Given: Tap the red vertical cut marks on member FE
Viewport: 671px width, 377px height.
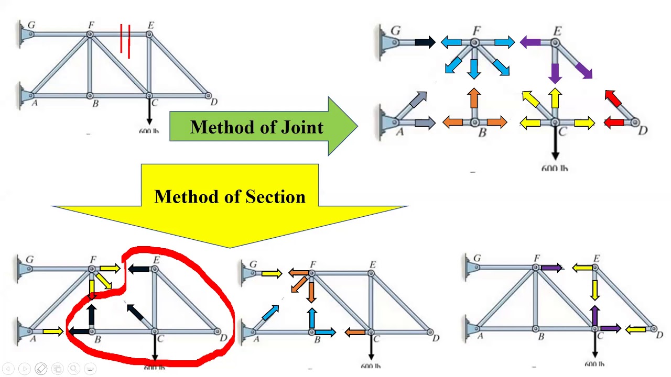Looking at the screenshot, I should [x=125, y=40].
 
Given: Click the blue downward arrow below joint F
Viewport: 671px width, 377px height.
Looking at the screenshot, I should [x=474, y=69].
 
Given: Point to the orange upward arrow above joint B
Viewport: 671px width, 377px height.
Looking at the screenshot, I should [x=474, y=98].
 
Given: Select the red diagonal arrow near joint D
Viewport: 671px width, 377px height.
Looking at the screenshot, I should [x=613, y=98].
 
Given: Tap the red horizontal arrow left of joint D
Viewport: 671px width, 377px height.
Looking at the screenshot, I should [x=614, y=123].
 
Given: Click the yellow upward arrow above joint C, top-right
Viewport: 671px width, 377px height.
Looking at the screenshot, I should [x=555, y=98].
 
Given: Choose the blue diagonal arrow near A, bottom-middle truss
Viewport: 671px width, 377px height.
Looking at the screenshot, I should [x=270, y=313].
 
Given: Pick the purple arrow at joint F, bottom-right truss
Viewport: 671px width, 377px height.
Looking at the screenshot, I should [x=551, y=268].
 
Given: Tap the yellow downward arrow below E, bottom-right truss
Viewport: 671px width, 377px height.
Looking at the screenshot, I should [x=596, y=289].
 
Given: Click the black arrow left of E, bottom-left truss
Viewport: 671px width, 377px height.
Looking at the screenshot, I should [x=139, y=269].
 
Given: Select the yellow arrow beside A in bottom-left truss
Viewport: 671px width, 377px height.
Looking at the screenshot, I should [x=52, y=331].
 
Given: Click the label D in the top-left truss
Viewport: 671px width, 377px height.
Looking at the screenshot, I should [x=214, y=102].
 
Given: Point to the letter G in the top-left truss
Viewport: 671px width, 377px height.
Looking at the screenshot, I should [x=31, y=25].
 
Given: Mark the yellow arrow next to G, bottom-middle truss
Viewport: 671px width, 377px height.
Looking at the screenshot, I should [x=272, y=273].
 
